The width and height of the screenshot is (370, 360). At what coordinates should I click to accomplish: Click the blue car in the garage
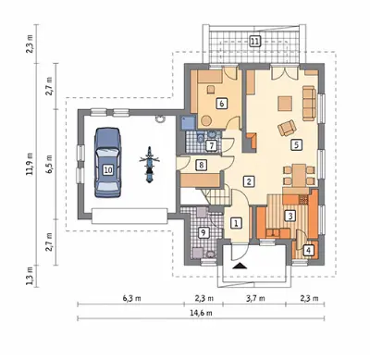107,163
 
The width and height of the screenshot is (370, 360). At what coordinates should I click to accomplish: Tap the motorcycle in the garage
149,165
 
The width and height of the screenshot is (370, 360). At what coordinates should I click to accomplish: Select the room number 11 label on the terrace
254,41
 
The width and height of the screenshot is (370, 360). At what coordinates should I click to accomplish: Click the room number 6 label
221,104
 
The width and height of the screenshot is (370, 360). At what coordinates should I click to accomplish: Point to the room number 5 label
296,144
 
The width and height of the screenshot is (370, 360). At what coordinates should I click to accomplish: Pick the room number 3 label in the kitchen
290,216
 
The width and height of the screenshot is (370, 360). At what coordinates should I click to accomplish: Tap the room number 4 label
308,250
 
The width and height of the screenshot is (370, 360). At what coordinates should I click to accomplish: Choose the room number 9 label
203,232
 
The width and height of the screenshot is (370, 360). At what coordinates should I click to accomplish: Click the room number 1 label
236,223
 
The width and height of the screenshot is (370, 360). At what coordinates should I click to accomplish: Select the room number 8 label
201,165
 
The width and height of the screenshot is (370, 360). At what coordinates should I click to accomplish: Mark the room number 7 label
211,145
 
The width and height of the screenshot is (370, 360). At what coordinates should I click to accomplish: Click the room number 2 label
249,181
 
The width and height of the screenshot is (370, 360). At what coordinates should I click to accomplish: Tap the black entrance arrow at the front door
240,266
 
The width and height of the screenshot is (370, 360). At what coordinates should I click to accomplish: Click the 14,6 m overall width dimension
201,313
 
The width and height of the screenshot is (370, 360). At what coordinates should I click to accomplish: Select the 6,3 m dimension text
132,298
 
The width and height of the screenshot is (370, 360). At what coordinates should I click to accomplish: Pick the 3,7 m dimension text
255,298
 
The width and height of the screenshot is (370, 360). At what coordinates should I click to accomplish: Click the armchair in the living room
287,128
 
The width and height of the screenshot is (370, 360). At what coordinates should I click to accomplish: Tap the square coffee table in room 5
285,104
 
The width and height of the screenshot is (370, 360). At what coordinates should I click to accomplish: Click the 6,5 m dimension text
50,163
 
